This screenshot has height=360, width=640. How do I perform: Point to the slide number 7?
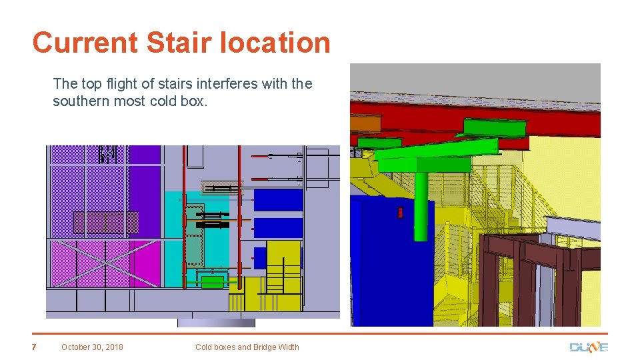pyautogui.click(x=34, y=347)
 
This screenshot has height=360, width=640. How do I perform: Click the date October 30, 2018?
pyautogui.click(x=92, y=347)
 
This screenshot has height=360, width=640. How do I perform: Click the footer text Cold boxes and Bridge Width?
pyautogui.click(x=247, y=347)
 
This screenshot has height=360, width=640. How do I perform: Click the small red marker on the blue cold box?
pyautogui.click(x=400, y=213)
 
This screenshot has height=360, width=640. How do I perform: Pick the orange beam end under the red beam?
pyautogui.click(x=365, y=123)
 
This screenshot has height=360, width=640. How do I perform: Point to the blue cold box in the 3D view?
pyautogui.click(x=387, y=260)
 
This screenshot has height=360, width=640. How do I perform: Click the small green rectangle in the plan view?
pyautogui.click(x=213, y=281)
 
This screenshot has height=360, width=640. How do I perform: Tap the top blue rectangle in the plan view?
pyautogui.click(x=278, y=199)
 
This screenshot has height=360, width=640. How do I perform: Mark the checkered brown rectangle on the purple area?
pyautogui.click(x=105, y=222)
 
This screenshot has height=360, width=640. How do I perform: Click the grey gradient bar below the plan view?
pyautogui.click(x=216, y=323)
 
